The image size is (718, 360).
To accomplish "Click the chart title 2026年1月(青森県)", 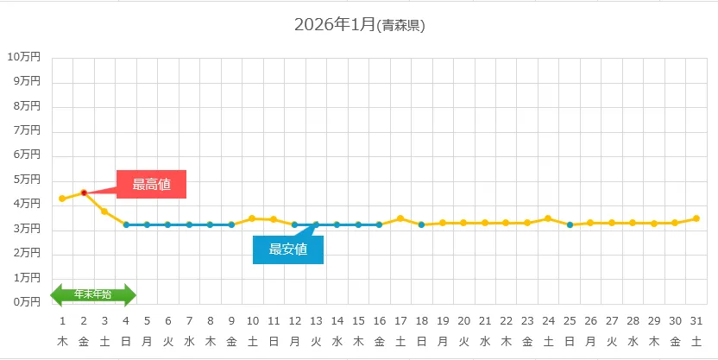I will point(359,25).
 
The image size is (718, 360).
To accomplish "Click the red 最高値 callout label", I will point(151,184).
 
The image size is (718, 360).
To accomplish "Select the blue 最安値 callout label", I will point(288,249).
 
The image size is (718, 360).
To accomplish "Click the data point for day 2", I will point(84,193).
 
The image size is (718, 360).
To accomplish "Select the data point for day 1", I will point(62,199).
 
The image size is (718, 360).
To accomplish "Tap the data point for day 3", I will point(104,212).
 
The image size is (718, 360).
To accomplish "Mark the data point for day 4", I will point(126,224).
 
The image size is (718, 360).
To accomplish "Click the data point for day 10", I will point(253,218).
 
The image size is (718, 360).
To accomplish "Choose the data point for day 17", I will point(400,218).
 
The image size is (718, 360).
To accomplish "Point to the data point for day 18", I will point(421,224).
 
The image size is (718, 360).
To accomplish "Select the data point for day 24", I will point(548,218).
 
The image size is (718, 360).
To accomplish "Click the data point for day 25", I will point(570,224).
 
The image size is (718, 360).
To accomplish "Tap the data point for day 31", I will point(696,218).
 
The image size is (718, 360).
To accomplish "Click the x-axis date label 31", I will point(696,320).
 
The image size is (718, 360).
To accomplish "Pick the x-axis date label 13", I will point(316,320).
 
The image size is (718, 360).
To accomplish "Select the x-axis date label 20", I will point(463,320).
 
